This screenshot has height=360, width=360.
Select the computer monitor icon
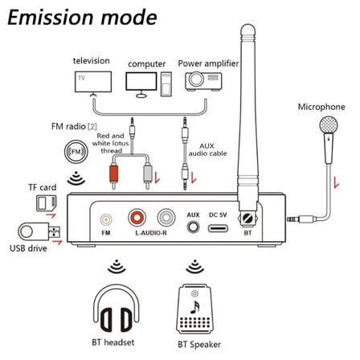point(141,81)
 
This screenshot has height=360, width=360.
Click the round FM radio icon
point(75,151)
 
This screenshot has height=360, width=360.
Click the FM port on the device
point(105,218)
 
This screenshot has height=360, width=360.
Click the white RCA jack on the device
point(166,217)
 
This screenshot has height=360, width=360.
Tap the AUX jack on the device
point(193,227)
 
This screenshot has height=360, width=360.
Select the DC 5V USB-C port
point(217,227)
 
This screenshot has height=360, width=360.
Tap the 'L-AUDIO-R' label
point(151,233)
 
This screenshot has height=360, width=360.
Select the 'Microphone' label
point(321,106)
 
